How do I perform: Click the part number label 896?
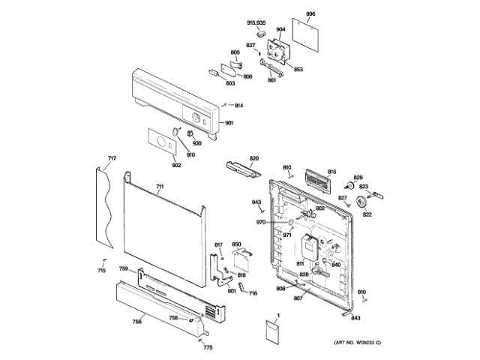click(311, 14)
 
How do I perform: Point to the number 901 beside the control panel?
click(229, 123)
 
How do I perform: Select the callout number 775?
click(208, 347)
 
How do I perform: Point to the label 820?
click(253, 158)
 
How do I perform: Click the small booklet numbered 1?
click(273, 331)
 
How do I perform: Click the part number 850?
click(235, 244)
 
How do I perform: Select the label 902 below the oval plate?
click(177, 165)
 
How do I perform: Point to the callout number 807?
click(297, 298)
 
